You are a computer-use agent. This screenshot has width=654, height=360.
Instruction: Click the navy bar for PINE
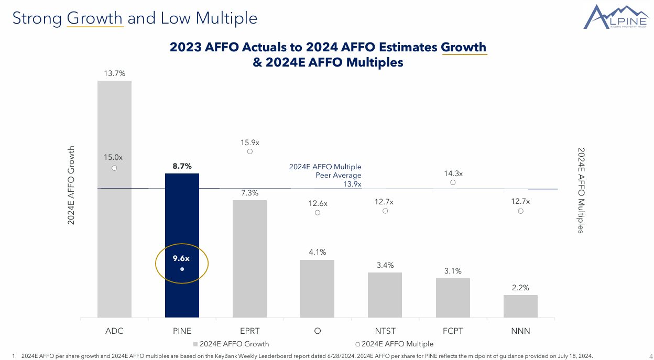(x=182, y=220)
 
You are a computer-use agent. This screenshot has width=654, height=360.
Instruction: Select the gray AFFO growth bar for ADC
(x=114, y=236)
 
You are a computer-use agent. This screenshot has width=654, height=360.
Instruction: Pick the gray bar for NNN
(x=520, y=306)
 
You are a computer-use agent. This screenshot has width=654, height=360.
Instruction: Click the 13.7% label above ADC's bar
(x=114, y=73)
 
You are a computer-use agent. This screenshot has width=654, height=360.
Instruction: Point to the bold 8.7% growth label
(x=182, y=166)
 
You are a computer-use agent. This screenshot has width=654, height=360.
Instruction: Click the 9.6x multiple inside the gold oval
(x=181, y=258)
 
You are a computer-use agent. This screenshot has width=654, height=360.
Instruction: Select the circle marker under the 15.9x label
(x=250, y=151)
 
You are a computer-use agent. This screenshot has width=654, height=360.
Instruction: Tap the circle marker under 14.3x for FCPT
(x=453, y=182)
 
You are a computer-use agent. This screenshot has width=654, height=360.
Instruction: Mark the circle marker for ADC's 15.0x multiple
(x=114, y=168)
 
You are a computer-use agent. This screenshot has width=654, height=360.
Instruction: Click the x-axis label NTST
(x=385, y=331)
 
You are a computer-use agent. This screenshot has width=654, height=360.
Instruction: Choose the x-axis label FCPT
(x=453, y=331)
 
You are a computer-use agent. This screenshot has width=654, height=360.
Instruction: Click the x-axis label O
(x=318, y=331)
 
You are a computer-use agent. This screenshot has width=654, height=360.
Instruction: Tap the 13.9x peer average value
(x=352, y=184)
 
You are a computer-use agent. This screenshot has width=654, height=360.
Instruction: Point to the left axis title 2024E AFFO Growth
(x=71, y=186)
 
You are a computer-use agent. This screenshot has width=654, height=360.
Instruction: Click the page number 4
(x=650, y=356)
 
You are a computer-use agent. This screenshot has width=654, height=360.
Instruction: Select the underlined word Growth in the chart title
(x=464, y=47)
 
